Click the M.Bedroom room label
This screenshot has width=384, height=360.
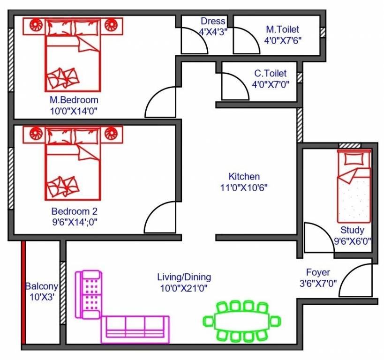[x=74, y=100]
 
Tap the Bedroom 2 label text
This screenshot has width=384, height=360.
[x=75, y=211]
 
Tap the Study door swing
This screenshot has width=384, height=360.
[x=317, y=239]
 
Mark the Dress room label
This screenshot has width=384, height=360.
[x=213, y=22]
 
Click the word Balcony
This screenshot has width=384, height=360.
[x=42, y=286]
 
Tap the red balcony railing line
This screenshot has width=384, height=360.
[x=23, y=293]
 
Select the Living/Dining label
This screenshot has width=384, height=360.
[x=184, y=277]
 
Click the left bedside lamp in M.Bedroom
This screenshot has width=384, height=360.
[x=34, y=24]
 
